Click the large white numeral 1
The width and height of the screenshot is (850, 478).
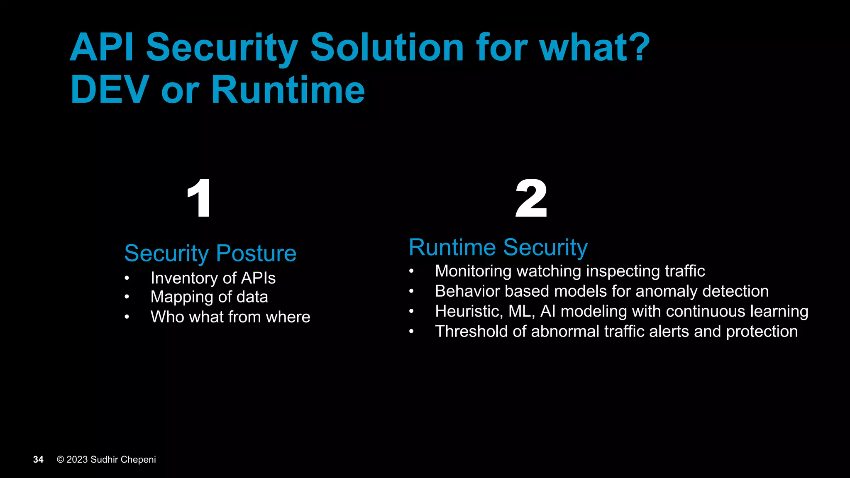(x=200, y=198)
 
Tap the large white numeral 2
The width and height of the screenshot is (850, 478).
(x=531, y=198)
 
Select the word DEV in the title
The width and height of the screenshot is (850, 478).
(x=110, y=90)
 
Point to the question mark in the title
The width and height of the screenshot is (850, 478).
(x=636, y=47)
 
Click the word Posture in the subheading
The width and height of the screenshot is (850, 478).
(x=256, y=253)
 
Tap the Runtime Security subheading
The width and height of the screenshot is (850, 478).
(x=498, y=247)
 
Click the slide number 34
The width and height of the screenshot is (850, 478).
(x=38, y=459)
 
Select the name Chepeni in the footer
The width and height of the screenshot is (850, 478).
(x=138, y=459)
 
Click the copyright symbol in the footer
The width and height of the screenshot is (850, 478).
(x=61, y=459)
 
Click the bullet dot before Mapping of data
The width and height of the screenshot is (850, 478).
(x=127, y=297)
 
